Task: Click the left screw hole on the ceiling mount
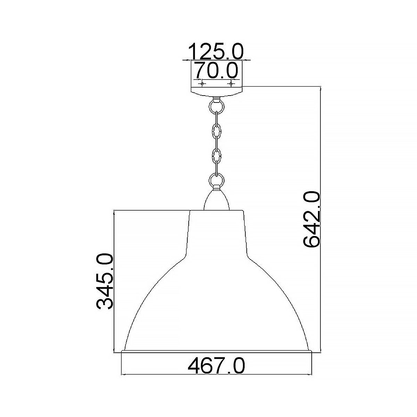coord(201,83)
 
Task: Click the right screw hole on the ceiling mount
coord(230,83)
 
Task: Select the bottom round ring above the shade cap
coord(216,181)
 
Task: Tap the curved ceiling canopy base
coord(216,92)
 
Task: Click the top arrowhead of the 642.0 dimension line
coord(320,88)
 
